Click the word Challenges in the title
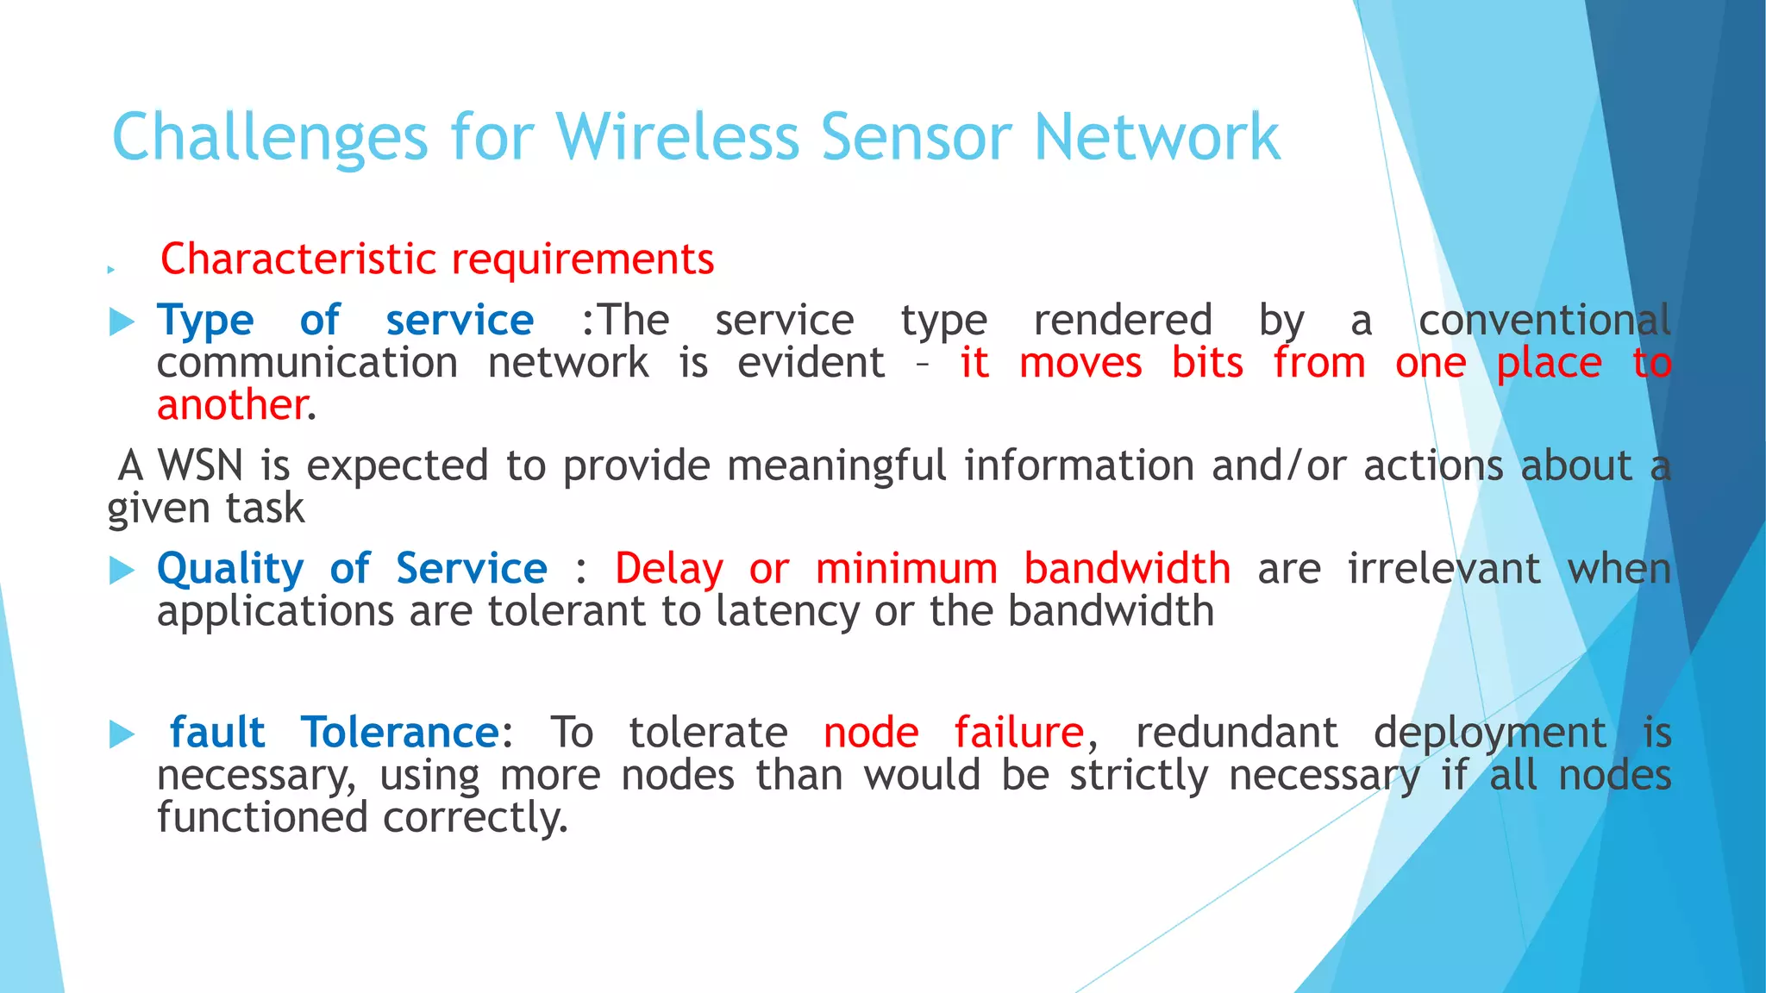tap(269, 138)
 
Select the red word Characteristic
tap(298, 259)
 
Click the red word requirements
tap(583, 259)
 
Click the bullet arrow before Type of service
tap(122, 323)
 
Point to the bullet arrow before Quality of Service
tap(122, 571)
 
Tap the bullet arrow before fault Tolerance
tap(122, 734)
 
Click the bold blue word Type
tap(205, 322)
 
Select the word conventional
tap(1544, 321)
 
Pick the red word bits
tap(1207, 363)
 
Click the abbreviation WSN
tap(200, 466)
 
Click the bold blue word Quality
tap(230, 569)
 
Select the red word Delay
tap(668, 569)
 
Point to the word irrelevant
tap(1443, 569)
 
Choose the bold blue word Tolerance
tap(399, 733)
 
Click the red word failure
tap(1018, 733)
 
